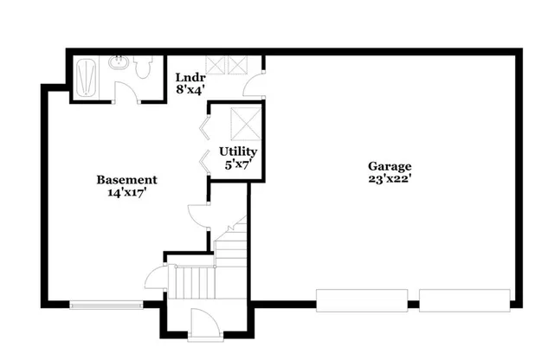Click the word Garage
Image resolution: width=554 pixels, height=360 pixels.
click(x=390, y=166)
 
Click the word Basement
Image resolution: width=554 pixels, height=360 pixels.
click(x=126, y=180)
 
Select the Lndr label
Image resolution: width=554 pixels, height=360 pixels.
click(x=190, y=76)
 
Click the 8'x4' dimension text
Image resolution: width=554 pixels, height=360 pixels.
click(x=190, y=88)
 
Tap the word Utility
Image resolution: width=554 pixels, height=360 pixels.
click(x=237, y=151)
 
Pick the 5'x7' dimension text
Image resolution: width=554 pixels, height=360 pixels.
click(x=237, y=164)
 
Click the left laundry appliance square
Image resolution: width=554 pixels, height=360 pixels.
click(x=214, y=64)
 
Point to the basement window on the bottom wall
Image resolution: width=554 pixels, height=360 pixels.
click(x=106, y=304)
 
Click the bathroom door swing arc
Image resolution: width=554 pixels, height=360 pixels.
click(x=130, y=93)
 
